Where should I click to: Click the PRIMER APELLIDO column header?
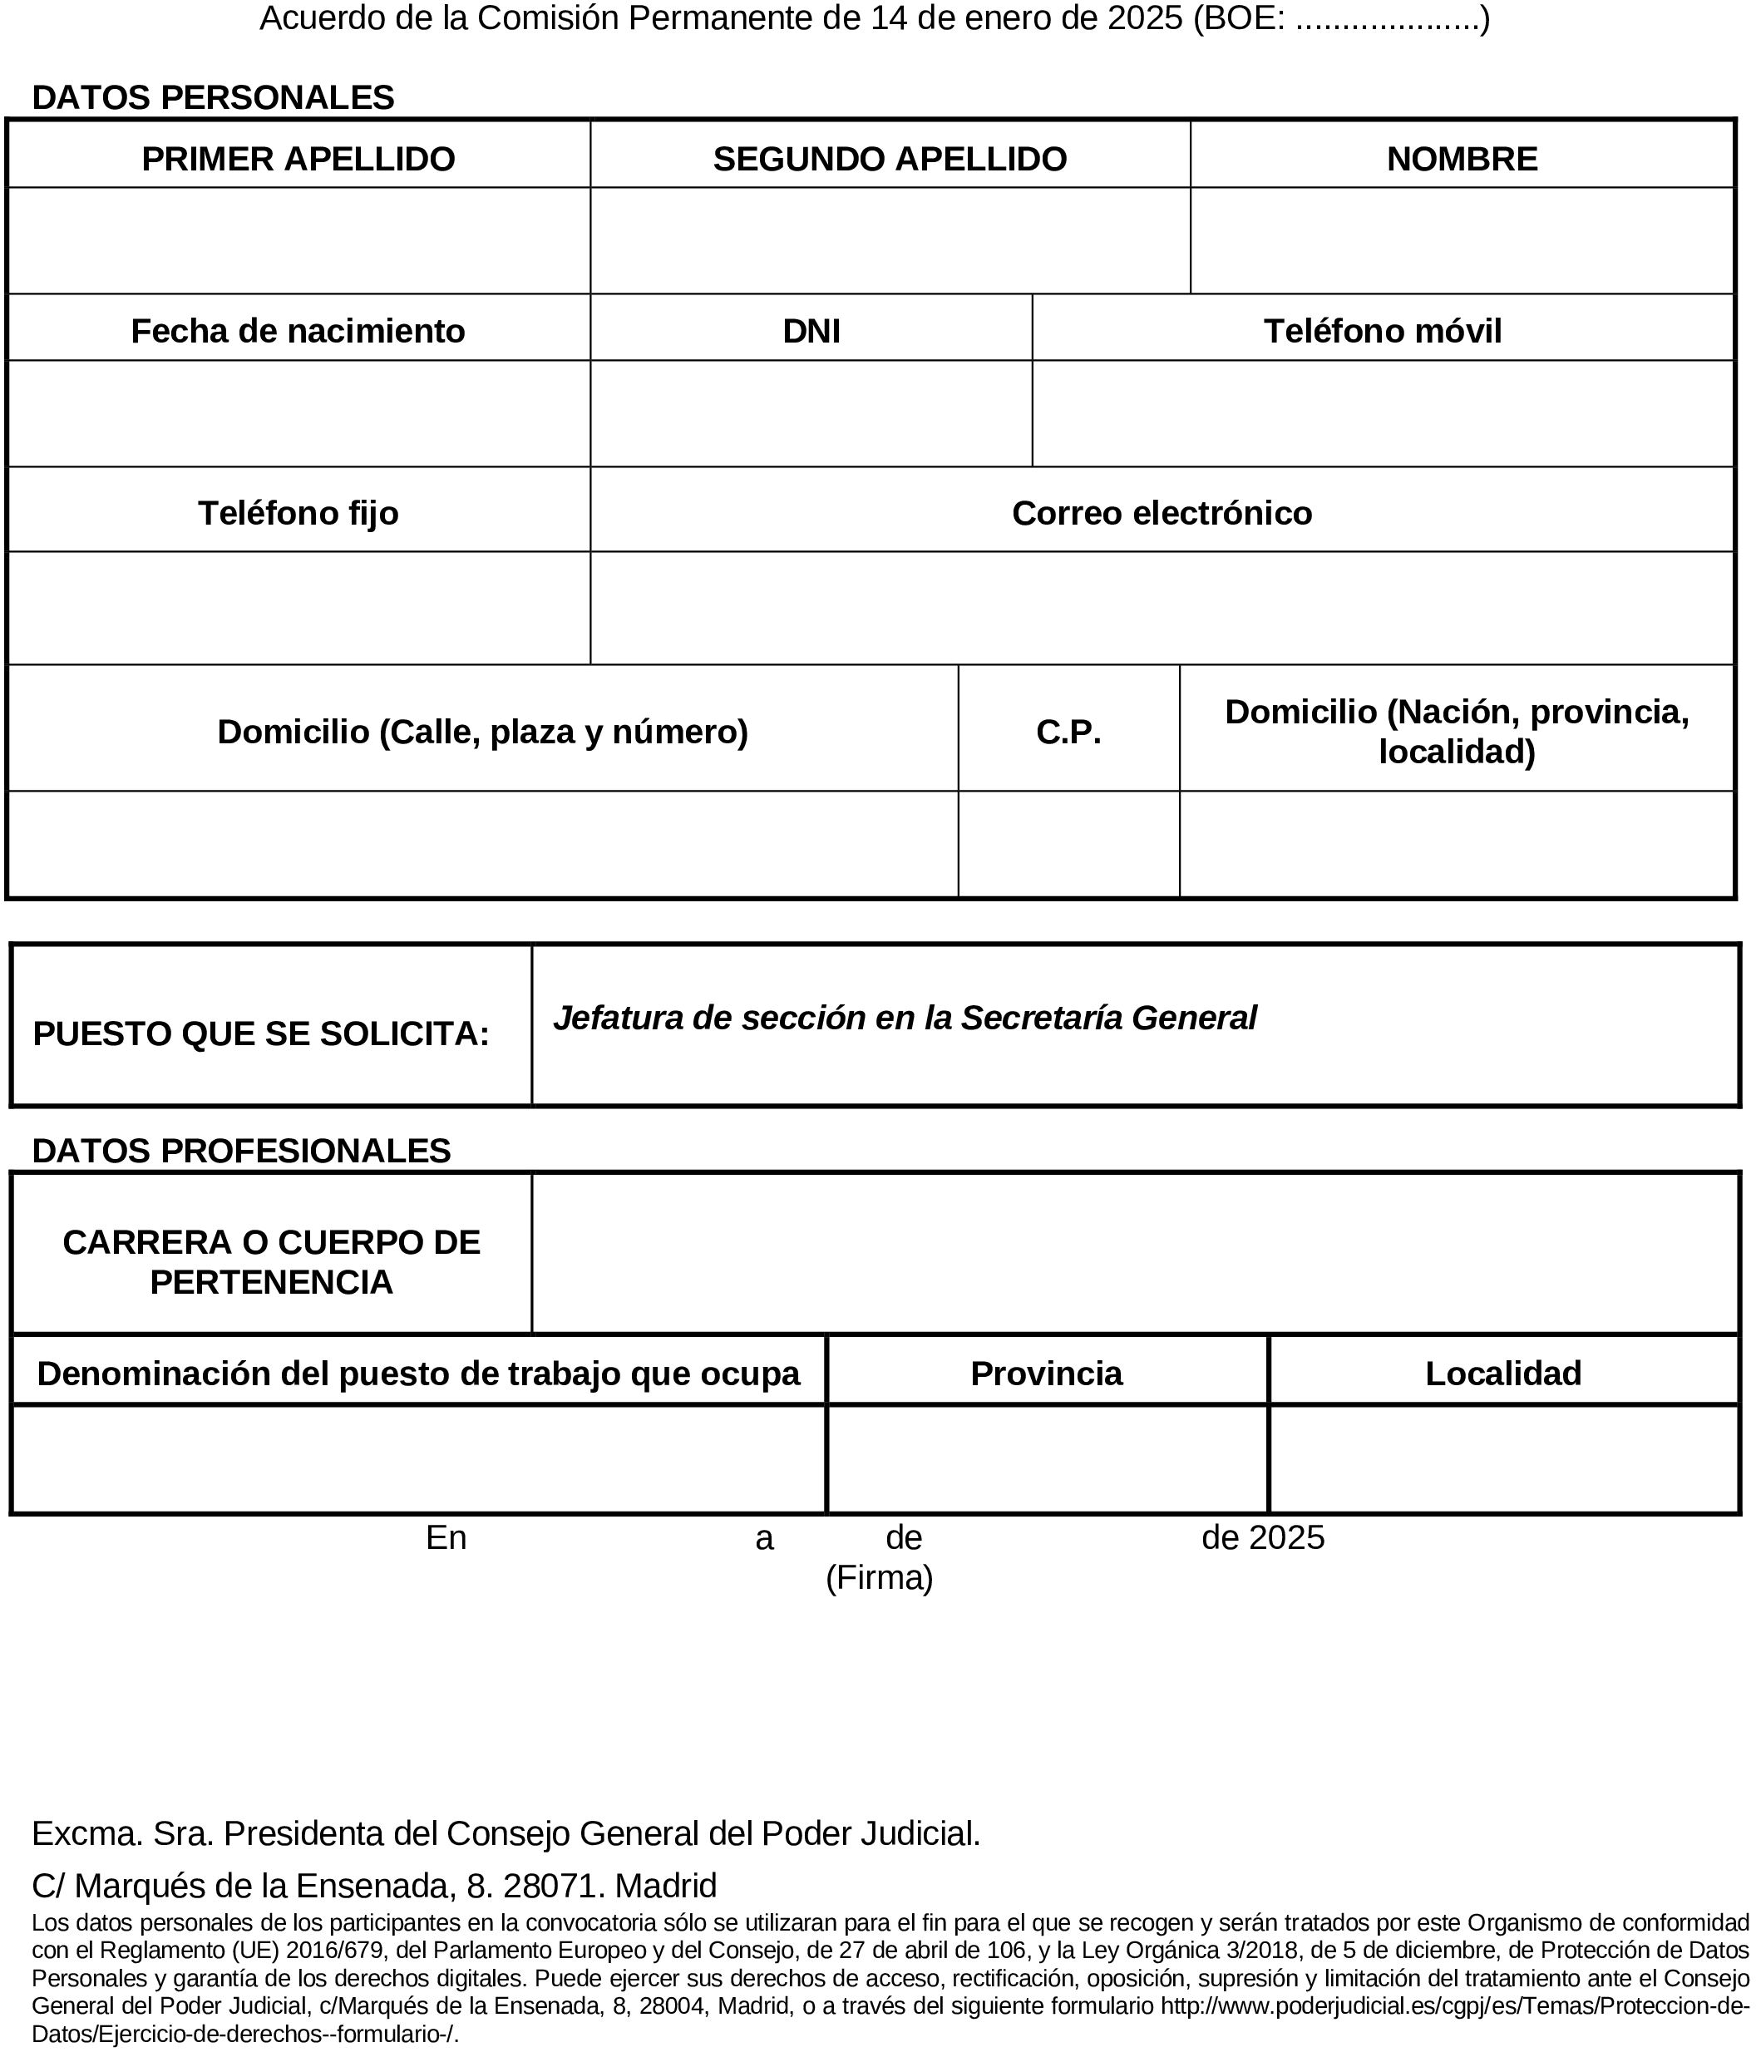click(298, 159)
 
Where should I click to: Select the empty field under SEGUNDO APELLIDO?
click(890, 240)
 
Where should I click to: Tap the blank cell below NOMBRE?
click(1462, 240)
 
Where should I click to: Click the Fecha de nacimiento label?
click(298, 331)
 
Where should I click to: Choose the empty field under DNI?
click(811, 414)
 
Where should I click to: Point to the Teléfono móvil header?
click(1383, 331)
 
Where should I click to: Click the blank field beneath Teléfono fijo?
click(298, 608)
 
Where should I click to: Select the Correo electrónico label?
click(1162, 513)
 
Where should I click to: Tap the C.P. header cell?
click(1068, 732)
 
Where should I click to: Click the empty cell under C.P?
click(1068, 845)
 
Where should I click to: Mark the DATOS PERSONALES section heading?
click(213, 97)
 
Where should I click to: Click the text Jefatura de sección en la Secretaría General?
click(905, 1018)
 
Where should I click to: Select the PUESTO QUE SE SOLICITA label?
click(261, 1034)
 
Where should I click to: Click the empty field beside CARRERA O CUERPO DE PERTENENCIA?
click(1135, 1254)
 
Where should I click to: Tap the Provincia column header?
click(1047, 1374)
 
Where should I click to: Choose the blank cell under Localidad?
click(1503, 1459)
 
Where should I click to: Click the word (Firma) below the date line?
click(880, 1577)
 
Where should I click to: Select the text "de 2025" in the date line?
click(1263, 1538)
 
